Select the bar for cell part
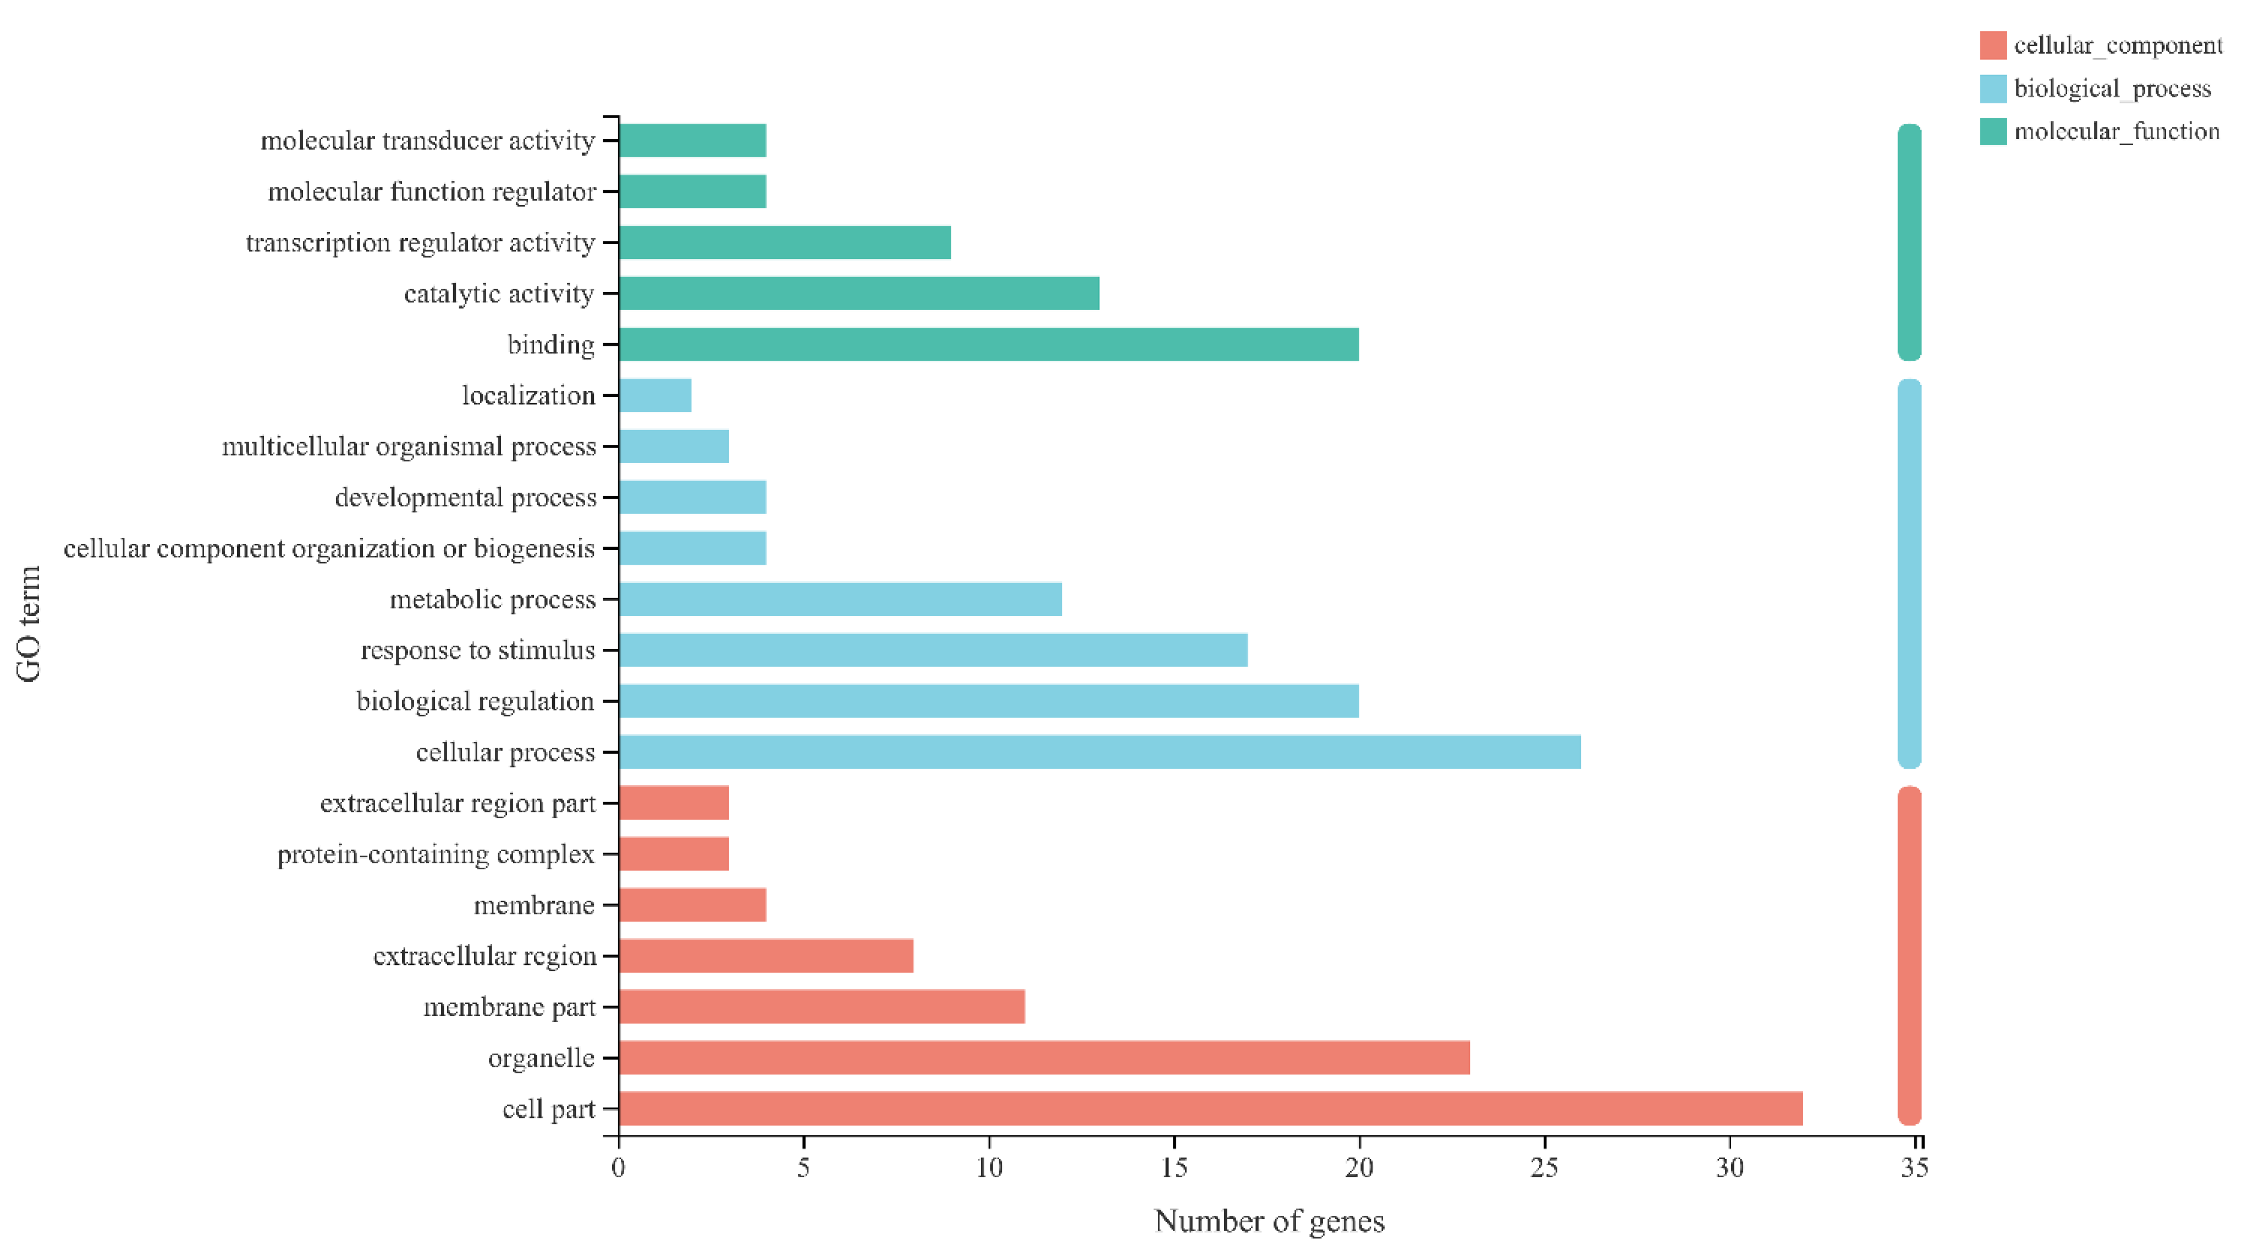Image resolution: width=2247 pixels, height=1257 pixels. coord(1210,1108)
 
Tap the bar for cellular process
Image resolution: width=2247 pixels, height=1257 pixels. coord(1099,752)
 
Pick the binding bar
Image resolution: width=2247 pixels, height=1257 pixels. coord(988,345)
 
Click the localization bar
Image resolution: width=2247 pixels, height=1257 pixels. coord(655,395)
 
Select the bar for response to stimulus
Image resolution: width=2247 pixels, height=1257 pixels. coord(933,650)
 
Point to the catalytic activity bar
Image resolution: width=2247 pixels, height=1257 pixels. coord(858,293)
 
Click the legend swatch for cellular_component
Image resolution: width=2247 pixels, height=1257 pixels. coord(1993,45)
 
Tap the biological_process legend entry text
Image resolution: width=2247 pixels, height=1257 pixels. coord(2112,89)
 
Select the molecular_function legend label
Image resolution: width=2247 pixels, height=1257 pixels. coord(2116,132)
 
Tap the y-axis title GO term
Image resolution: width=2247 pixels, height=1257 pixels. coord(29,624)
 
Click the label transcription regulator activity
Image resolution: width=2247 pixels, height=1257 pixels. coord(421,242)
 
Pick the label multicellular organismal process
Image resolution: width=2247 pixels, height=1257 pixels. coord(409,446)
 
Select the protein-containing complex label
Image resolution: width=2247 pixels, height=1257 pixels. coord(436,854)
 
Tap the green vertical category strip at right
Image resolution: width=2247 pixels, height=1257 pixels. coord(1909,242)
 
